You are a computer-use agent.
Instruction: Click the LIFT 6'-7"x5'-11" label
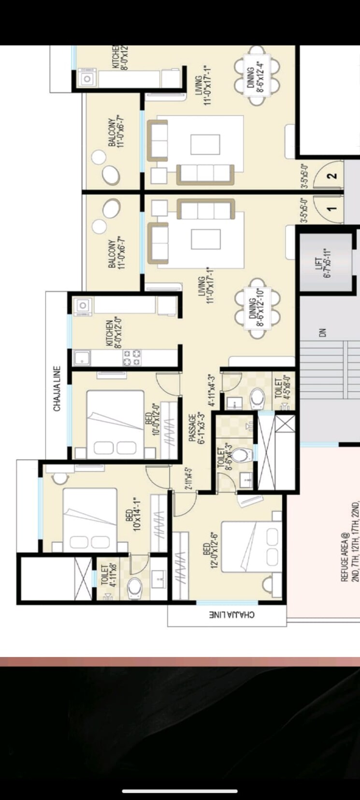coord(322,263)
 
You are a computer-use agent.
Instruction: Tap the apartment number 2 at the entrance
coord(332,176)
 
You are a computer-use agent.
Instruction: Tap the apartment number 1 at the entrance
coord(332,209)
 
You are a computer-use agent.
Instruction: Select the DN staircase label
coord(322,333)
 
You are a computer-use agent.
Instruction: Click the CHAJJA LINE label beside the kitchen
coord(57,388)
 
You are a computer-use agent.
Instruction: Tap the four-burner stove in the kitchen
coord(132,357)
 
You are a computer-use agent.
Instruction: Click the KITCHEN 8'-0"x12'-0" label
coord(113,333)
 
